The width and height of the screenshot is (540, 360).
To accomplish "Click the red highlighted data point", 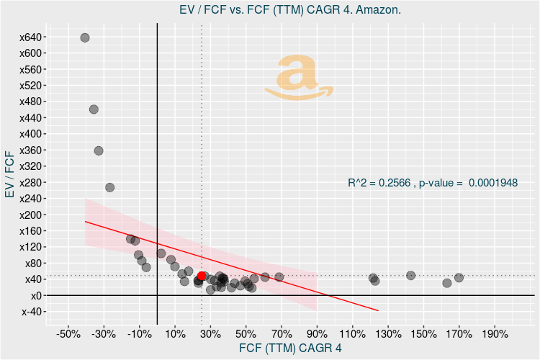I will tap(202, 276).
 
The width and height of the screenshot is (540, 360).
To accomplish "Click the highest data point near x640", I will tap(85, 37).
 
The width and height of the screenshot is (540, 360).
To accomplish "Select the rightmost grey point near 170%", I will tap(459, 277).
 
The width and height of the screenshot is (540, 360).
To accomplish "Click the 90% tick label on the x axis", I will tap(318, 334).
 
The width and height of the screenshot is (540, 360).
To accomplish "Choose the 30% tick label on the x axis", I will tap(210, 334).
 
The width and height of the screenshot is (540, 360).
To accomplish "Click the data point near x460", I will tap(94, 109).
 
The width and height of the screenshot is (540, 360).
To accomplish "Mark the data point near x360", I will tap(99, 150).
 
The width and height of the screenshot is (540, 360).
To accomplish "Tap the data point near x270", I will tap(109, 187).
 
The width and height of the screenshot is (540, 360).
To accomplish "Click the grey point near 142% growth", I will tap(410, 275).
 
